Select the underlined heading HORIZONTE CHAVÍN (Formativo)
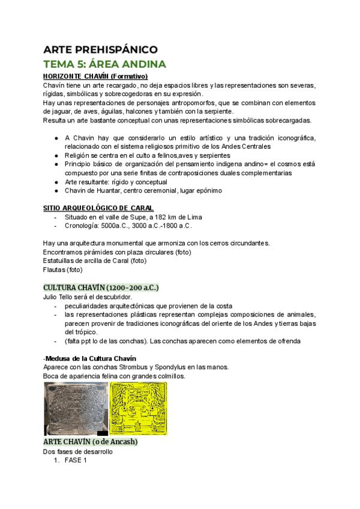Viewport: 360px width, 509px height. (x=95, y=76)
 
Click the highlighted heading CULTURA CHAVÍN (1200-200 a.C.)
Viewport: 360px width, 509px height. (x=101, y=287)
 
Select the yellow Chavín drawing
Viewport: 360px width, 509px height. (x=139, y=409)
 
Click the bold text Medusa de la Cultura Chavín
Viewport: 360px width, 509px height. (x=91, y=358)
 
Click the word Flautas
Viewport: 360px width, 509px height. (x=55, y=270)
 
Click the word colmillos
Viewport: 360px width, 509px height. (x=168, y=376)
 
